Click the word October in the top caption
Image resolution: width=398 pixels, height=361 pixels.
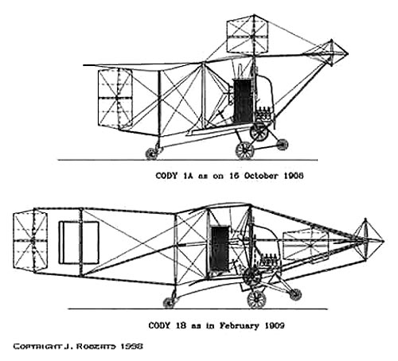tap(261, 176)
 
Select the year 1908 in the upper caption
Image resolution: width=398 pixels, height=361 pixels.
tap(294, 176)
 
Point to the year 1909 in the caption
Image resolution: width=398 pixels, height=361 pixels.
tap(275, 325)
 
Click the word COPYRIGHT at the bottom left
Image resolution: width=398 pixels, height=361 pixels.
tap(37, 347)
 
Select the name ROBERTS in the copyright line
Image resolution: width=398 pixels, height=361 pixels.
tap(96, 347)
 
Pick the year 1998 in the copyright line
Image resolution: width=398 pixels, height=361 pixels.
tap(132, 347)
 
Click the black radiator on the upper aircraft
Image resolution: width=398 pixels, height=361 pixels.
tap(243, 101)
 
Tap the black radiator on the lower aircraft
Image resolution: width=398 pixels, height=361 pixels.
tap(220, 249)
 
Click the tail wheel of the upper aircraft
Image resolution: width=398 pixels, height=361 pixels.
tap(151, 153)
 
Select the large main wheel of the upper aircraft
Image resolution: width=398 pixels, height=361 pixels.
tap(244, 150)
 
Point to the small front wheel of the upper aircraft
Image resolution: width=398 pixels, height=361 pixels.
tap(282, 144)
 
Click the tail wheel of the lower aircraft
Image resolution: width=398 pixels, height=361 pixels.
tap(169, 303)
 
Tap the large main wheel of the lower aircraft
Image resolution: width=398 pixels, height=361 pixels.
tap(256, 300)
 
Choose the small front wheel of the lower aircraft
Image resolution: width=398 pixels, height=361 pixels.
tap(295, 294)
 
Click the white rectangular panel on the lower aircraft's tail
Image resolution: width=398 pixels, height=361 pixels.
tap(79, 243)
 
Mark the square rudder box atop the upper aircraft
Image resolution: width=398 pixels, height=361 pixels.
tap(248, 33)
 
